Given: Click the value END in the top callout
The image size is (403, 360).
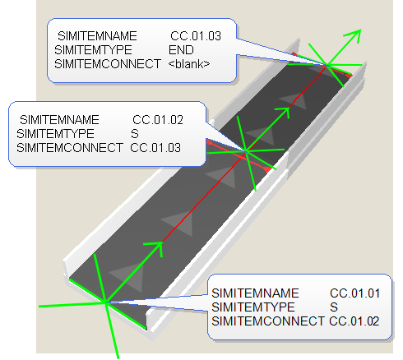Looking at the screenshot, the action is tap(181, 50).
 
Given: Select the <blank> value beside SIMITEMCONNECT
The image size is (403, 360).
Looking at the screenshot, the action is tap(189, 64).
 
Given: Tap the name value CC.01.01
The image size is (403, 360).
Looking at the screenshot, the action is tap(354, 293).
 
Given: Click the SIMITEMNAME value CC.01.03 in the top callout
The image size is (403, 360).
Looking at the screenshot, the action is tap(196, 36).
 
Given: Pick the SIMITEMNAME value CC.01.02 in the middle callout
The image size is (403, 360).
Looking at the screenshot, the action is tap(158, 120).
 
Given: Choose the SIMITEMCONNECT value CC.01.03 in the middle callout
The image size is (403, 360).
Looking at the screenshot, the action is tap(155, 148).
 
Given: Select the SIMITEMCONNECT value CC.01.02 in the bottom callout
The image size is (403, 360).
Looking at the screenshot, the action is tap(354, 321).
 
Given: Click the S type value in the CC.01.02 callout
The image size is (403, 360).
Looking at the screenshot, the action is tap(135, 134).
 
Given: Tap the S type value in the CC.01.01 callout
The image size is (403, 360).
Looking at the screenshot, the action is tap(334, 307).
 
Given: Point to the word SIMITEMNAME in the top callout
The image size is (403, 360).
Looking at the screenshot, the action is tap(97, 36).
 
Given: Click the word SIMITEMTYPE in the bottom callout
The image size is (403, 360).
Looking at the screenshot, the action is tap(253, 307).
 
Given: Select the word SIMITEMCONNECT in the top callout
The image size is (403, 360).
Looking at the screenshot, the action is tap(108, 64).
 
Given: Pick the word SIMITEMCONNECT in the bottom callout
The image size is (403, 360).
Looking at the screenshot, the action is tap(268, 321).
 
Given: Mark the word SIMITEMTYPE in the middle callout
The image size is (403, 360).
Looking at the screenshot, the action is tap(55, 134).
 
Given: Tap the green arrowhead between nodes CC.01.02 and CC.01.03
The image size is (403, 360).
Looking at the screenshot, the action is tap(285, 112).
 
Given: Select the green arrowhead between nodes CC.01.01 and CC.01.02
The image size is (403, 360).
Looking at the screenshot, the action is tap(157, 248).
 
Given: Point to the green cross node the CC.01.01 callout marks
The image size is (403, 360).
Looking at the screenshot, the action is tap(105, 302).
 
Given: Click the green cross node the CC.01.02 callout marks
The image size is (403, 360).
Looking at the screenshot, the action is tap(247, 151).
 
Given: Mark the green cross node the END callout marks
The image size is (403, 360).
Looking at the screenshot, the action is tap(327, 65).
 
